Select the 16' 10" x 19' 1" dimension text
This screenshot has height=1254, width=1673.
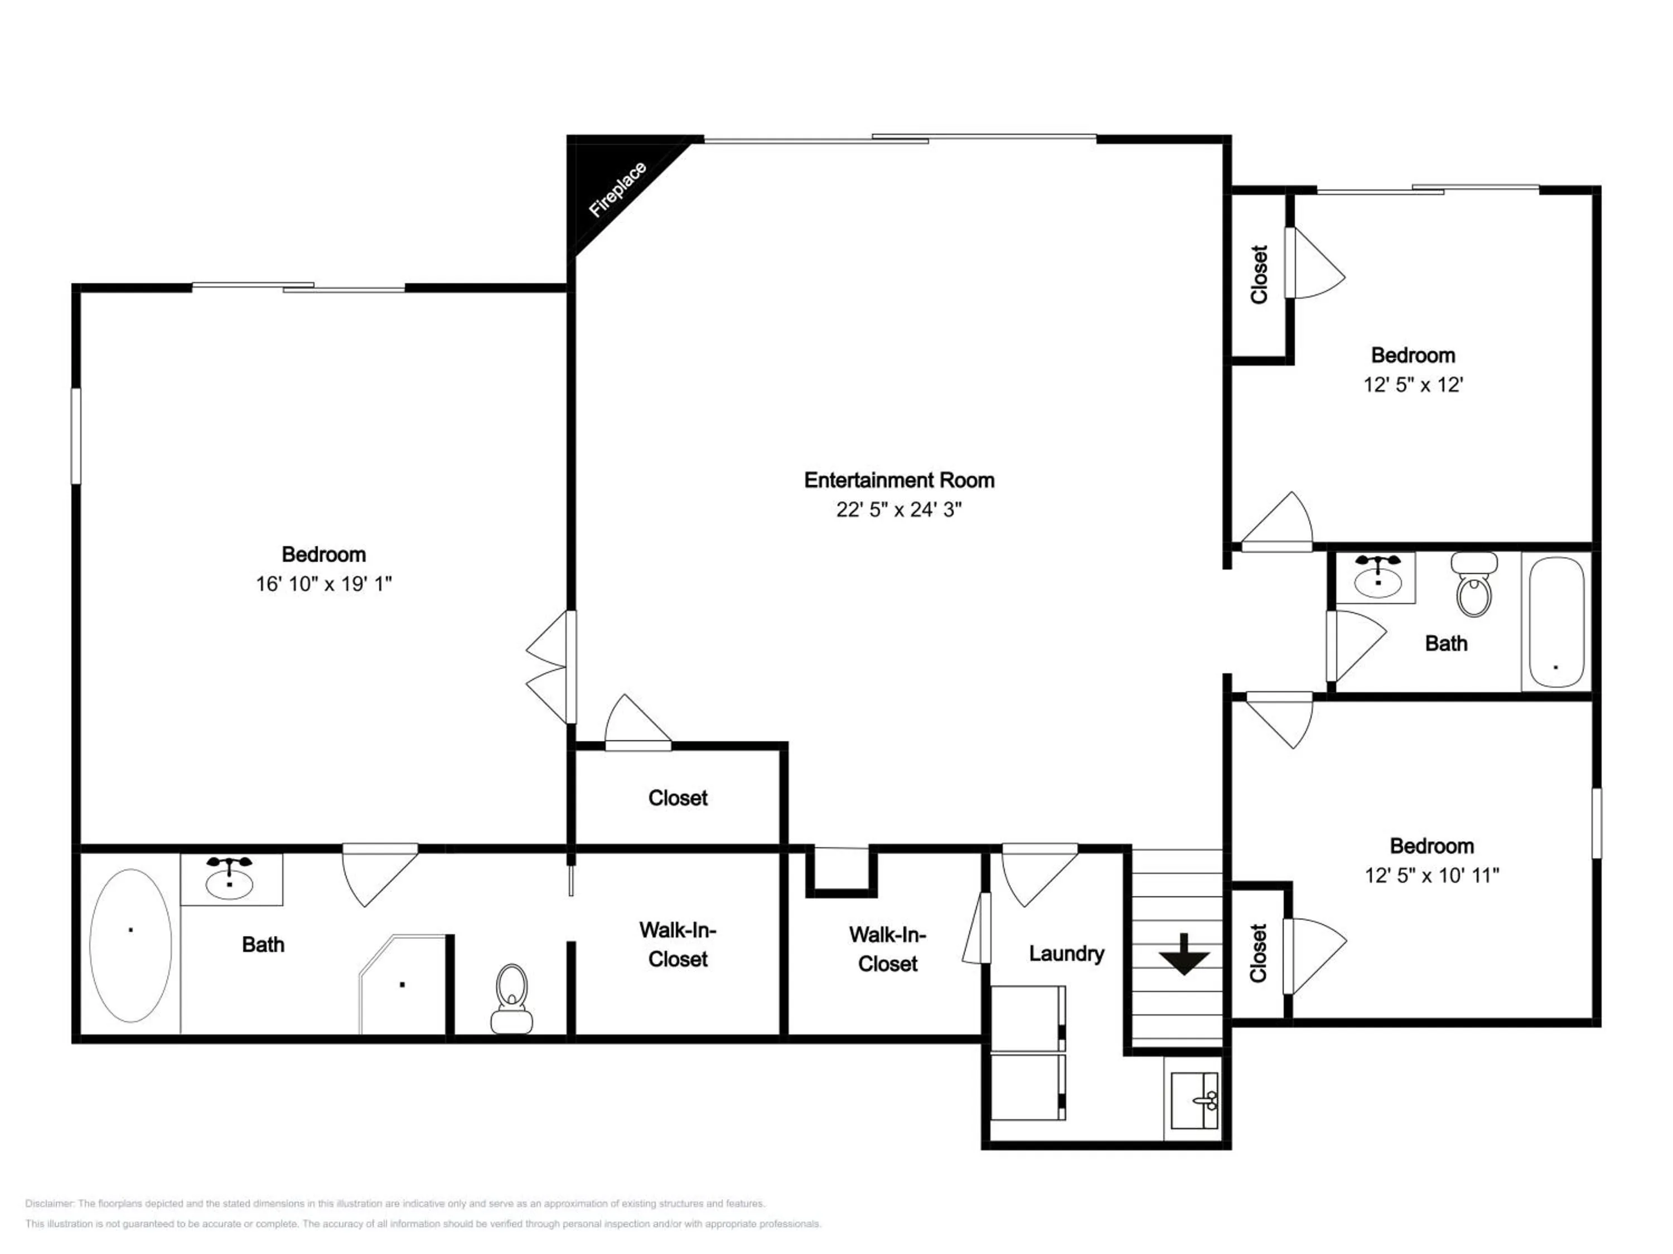[323, 584]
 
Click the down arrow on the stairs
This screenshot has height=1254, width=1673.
[1184, 954]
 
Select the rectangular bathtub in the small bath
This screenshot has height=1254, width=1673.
[1556, 622]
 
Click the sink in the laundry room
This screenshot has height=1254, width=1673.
[1193, 1101]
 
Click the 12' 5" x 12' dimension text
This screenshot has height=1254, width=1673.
[1413, 385]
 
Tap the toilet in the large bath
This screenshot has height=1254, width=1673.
[512, 998]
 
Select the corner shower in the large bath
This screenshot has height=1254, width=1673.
[403, 984]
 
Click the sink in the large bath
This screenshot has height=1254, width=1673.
[230, 879]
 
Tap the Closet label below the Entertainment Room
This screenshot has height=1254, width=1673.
[678, 798]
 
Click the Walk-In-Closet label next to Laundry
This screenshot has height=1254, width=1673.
[888, 949]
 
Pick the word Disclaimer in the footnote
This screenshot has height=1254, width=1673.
[49, 1203]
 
